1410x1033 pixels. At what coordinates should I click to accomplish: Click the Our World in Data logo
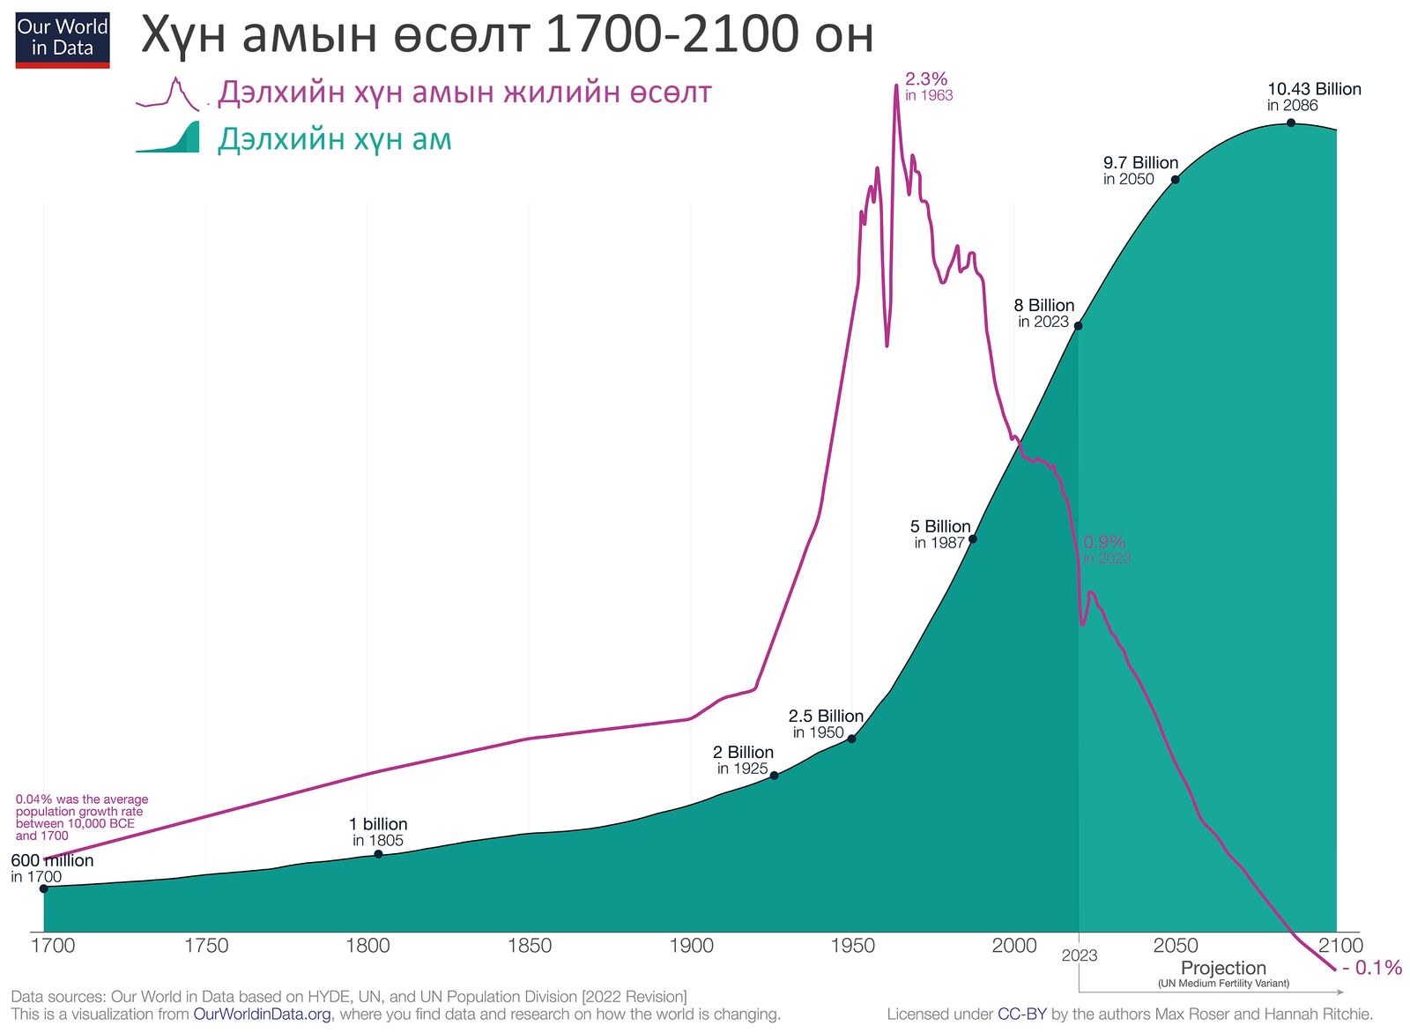(63, 40)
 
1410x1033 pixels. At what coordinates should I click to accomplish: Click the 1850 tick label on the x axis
(530, 946)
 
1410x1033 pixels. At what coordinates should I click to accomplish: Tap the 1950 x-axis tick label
(852, 946)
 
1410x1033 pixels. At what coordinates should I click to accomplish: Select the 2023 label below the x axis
(1080, 955)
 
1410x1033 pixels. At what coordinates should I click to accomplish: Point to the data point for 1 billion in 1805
(378, 854)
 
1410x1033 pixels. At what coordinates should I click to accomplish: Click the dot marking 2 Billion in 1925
(774, 776)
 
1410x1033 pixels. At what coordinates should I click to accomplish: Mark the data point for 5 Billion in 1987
(972, 539)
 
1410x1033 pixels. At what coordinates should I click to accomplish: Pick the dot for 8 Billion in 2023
(1078, 326)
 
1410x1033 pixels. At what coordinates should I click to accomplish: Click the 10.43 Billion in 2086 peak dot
(1291, 123)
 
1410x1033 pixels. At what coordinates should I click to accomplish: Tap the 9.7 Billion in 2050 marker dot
(1175, 180)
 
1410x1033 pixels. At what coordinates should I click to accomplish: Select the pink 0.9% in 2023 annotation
(1106, 549)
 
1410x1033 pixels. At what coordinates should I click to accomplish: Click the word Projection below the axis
(1223, 968)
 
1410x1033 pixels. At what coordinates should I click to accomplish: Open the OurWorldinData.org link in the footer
(262, 1014)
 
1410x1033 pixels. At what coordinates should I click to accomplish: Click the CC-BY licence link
(1022, 1014)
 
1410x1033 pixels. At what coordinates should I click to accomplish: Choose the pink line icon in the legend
(169, 93)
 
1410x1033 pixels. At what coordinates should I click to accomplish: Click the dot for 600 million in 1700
(44, 888)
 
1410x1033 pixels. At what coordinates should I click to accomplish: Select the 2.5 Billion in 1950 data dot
(851, 739)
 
